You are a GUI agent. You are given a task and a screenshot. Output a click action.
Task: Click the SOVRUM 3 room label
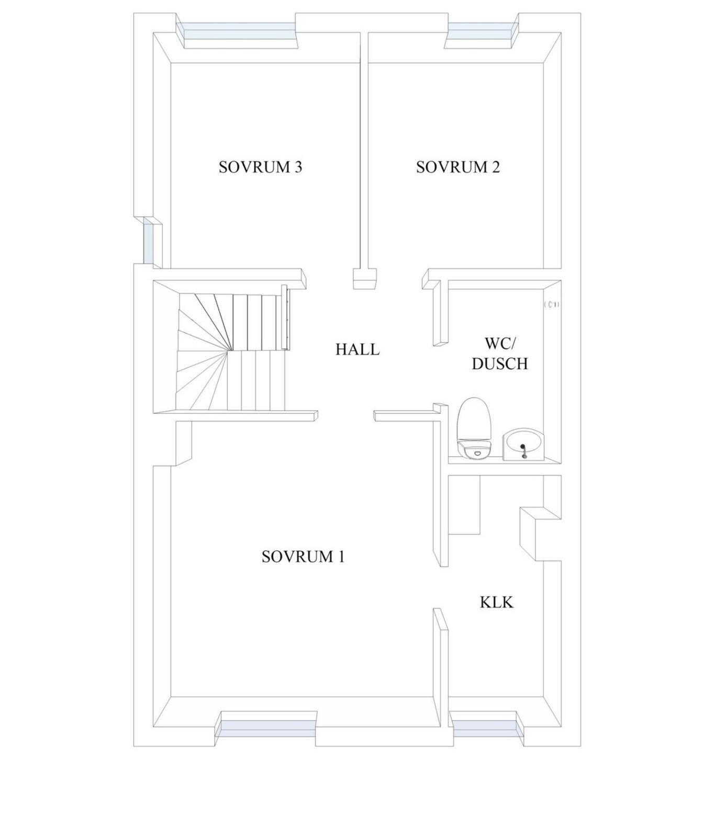pyautogui.click(x=260, y=167)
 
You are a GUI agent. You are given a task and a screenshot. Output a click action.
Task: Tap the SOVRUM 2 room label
pyautogui.click(x=458, y=167)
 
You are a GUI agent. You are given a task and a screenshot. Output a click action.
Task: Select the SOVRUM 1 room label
pyautogui.click(x=303, y=557)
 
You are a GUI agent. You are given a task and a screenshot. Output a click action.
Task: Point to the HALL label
pyautogui.click(x=357, y=349)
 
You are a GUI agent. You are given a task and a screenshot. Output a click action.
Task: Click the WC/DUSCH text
pyautogui.click(x=500, y=354)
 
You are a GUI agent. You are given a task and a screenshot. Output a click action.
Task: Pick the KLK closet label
pyautogui.click(x=497, y=602)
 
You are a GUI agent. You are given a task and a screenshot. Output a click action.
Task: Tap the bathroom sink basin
pyautogui.click(x=523, y=445)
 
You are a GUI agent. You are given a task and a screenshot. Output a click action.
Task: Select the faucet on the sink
pyautogui.click(x=523, y=451)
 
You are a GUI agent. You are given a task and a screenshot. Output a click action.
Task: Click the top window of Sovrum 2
pyautogui.click(x=482, y=31)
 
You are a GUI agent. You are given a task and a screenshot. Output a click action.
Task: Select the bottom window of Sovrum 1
pyautogui.click(x=266, y=729)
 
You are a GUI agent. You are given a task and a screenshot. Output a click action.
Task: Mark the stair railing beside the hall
pyautogui.click(x=285, y=317)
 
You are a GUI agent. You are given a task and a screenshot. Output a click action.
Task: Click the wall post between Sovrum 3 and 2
pyautogui.click(x=365, y=278)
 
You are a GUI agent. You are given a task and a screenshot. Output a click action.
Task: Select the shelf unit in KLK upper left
pyautogui.click(x=465, y=505)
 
